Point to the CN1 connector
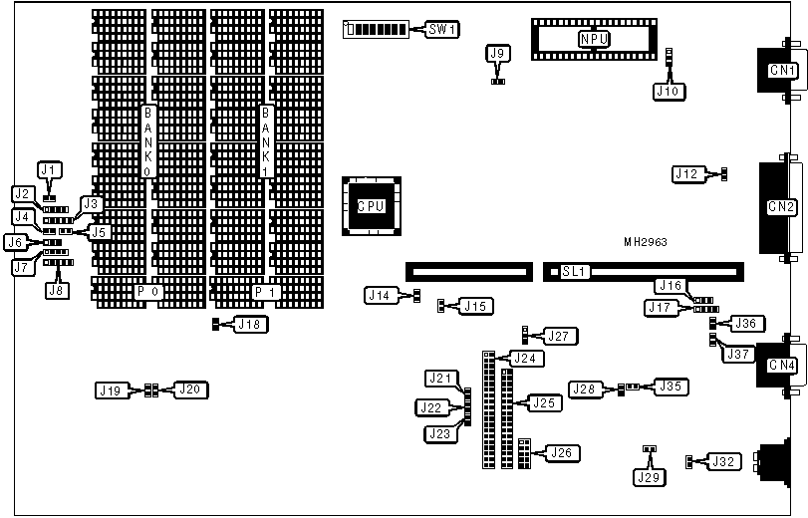click(x=781, y=71)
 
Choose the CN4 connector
click(x=781, y=366)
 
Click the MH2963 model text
click(x=646, y=241)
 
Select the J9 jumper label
click(x=499, y=53)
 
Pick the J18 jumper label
click(x=250, y=324)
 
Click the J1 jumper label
click(x=49, y=169)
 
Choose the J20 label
click(x=191, y=389)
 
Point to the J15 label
click(x=475, y=306)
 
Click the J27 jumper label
click(x=559, y=337)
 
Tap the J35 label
click(x=673, y=387)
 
